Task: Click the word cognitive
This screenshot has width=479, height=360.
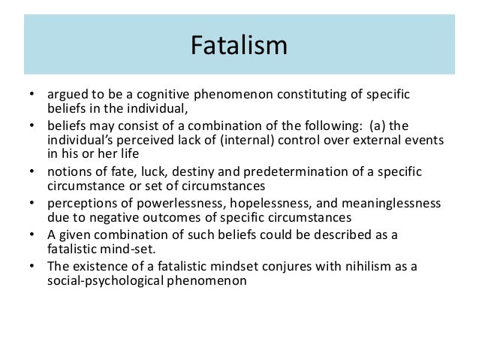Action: click(x=158, y=95)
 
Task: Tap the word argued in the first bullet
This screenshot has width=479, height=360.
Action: click(x=65, y=95)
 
